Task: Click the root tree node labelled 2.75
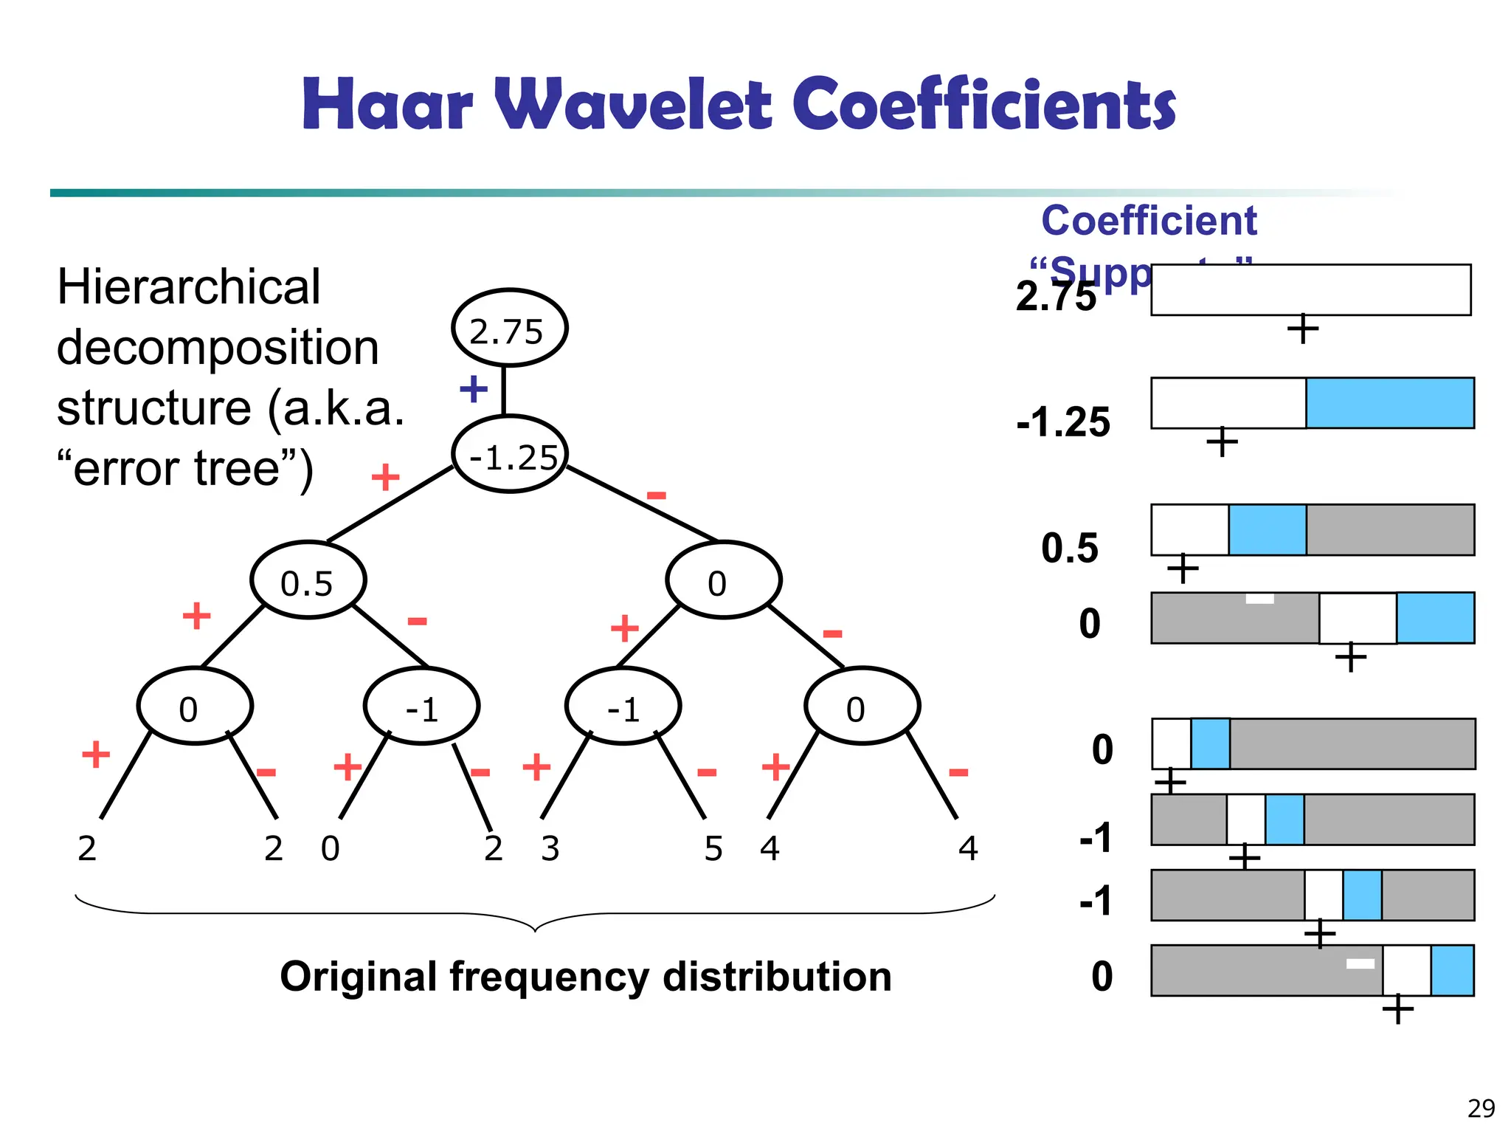click(x=509, y=329)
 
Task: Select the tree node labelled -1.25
click(x=509, y=455)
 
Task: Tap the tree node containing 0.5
click(x=308, y=581)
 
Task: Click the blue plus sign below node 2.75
click(x=474, y=388)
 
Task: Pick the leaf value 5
click(x=713, y=849)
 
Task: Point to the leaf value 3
click(x=550, y=849)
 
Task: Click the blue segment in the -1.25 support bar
click(x=1390, y=403)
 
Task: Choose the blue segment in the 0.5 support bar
click(x=1268, y=530)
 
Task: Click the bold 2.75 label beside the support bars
click(x=1056, y=297)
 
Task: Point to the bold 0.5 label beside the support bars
click(x=1070, y=549)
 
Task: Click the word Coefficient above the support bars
click(x=1149, y=221)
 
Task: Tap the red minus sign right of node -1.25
click(x=656, y=495)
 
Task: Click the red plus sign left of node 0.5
click(x=197, y=615)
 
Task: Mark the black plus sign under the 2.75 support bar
click(x=1303, y=329)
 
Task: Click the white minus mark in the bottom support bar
click(x=1360, y=963)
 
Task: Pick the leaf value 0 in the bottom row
click(x=331, y=849)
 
